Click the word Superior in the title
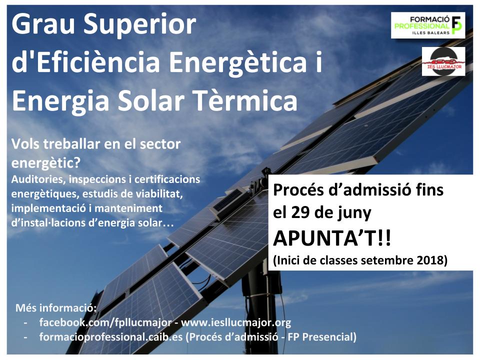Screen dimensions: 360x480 pos(142,25)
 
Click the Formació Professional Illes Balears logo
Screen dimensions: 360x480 pos(427,25)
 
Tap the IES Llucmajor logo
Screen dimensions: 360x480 pos(443,61)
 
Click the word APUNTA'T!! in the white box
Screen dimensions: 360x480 pos(332,239)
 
